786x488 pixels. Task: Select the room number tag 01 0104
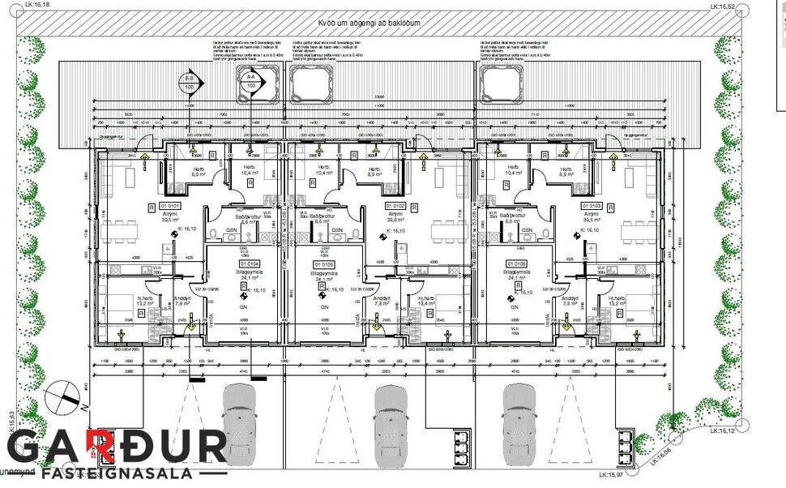[x=249, y=263]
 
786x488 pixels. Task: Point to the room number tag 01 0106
[x=516, y=263]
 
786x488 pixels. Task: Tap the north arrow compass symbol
[x=66, y=398]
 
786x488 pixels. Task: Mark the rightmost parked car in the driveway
[x=520, y=417]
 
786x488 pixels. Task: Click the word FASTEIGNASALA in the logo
[x=117, y=473]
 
